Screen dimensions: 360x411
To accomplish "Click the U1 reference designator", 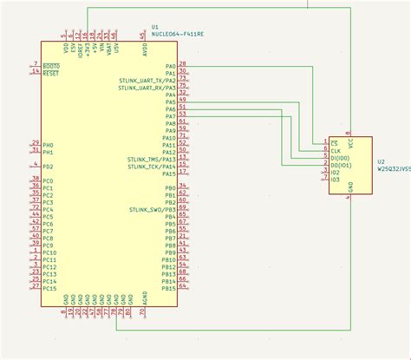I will click(155, 27).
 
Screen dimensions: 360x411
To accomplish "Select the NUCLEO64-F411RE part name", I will click(177, 35).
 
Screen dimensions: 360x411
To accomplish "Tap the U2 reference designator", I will click(382, 161).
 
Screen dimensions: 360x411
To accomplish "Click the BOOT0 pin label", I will click(51, 66).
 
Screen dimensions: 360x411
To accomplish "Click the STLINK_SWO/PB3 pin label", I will click(153, 209).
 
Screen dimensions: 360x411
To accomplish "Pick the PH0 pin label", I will click(48, 145).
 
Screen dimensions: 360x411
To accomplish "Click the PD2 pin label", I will click(48, 166).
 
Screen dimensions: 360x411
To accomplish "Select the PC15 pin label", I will click(49, 288).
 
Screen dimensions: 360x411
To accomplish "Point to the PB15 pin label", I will click(168, 288).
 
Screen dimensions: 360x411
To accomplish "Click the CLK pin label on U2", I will click(336, 150).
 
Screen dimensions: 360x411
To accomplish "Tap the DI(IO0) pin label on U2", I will click(341, 158).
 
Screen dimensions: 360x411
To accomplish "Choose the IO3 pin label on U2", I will click(336, 180).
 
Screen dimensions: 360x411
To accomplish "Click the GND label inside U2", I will click(350, 186).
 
